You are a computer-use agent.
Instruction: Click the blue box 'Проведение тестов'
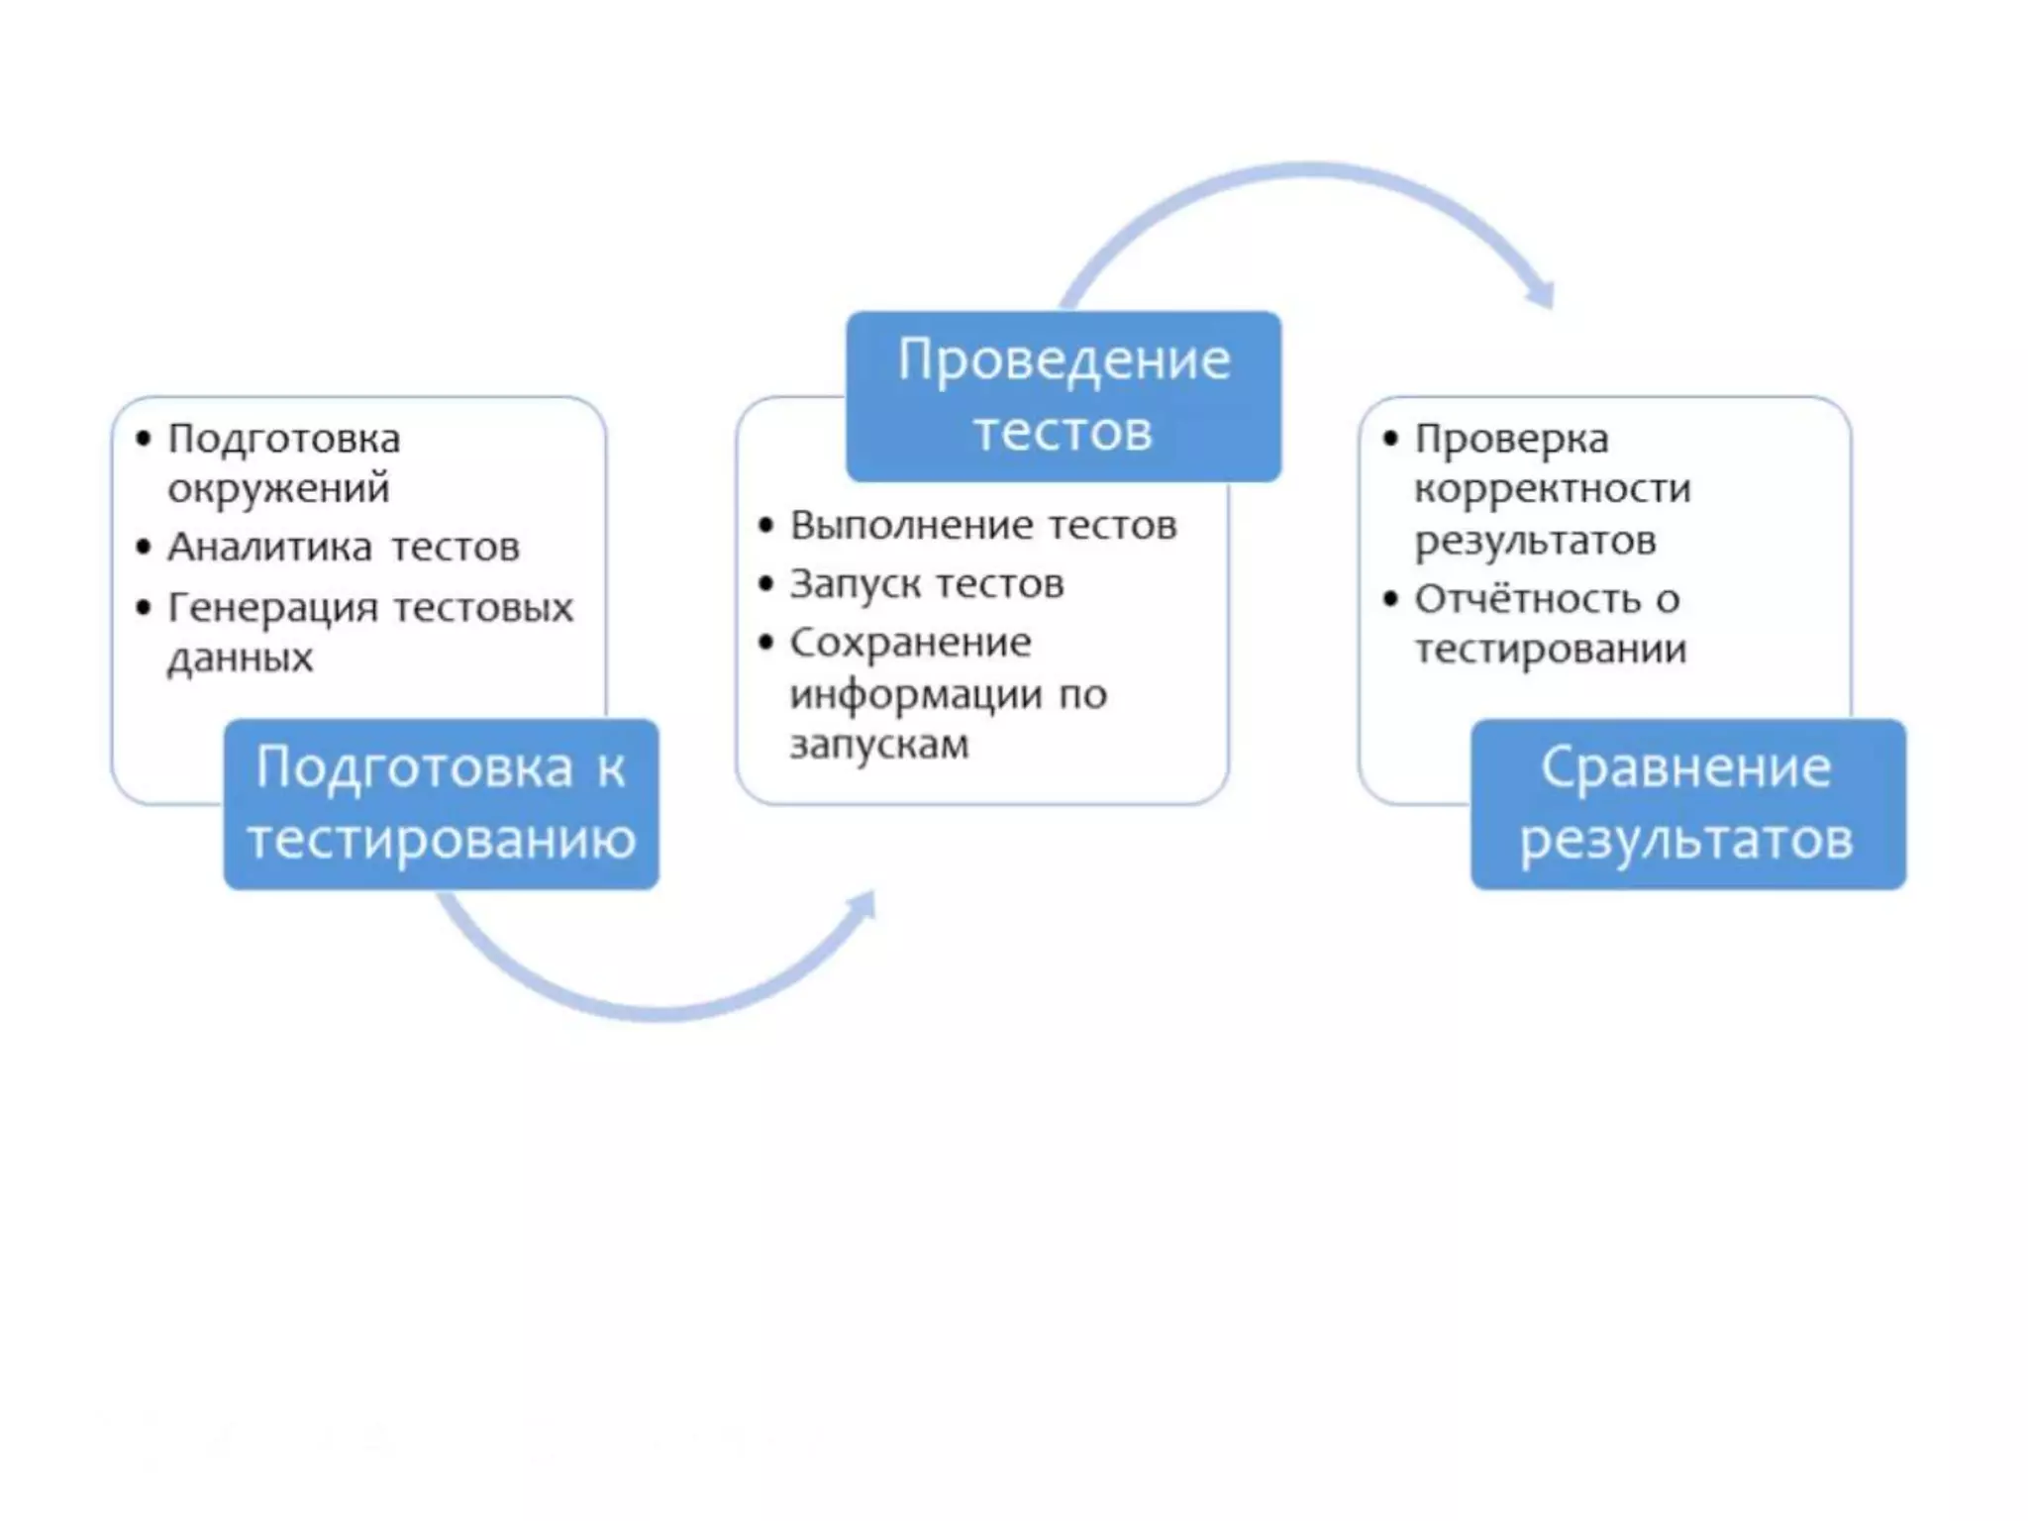pyautogui.click(x=1063, y=396)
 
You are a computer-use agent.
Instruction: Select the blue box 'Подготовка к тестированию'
pyautogui.click(x=441, y=803)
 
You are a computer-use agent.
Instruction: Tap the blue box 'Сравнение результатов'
pyautogui.click(x=1686, y=803)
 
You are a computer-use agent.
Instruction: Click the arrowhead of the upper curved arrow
pyautogui.click(x=1541, y=293)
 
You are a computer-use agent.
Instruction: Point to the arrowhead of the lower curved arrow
pyautogui.click(x=863, y=904)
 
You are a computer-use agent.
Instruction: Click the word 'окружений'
pyautogui.click(x=278, y=488)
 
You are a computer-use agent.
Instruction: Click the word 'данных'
pyautogui.click(x=241, y=658)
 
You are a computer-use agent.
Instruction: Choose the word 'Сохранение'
pyautogui.click(x=910, y=643)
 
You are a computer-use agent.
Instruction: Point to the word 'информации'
pyautogui.click(x=916, y=694)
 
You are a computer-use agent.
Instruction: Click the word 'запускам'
pyautogui.click(x=879, y=745)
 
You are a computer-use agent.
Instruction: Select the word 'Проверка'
pyautogui.click(x=1511, y=439)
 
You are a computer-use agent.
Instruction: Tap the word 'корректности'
pyautogui.click(x=1552, y=488)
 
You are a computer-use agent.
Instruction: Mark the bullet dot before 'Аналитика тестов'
pyautogui.click(x=145, y=547)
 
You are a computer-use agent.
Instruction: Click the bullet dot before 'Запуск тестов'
pyautogui.click(x=765, y=583)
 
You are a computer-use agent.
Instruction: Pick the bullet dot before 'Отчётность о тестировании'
pyautogui.click(x=1390, y=598)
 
